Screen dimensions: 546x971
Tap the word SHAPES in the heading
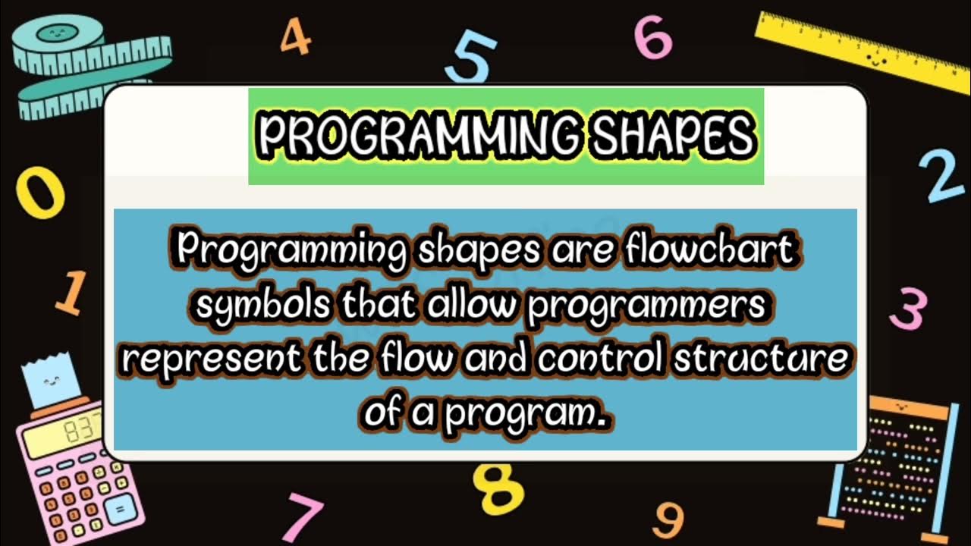(x=672, y=136)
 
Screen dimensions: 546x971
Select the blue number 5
(x=471, y=60)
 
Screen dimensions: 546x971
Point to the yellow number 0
(x=41, y=193)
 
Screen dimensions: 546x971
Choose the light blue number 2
(x=941, y=177)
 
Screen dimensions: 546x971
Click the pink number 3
(x=907, y=309)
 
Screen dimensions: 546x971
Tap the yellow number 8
(x=498, y=488)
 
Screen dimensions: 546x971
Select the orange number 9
(x=668, y=520)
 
